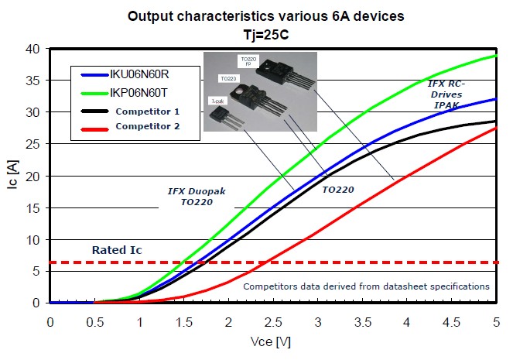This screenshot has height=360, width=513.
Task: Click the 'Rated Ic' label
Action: click(x=116, y=250)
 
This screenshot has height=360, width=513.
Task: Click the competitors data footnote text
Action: click(x=366, y=286)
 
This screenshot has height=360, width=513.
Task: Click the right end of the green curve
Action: click(x=494, y=56)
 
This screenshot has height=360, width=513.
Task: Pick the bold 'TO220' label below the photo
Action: click(x=338, y=189)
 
